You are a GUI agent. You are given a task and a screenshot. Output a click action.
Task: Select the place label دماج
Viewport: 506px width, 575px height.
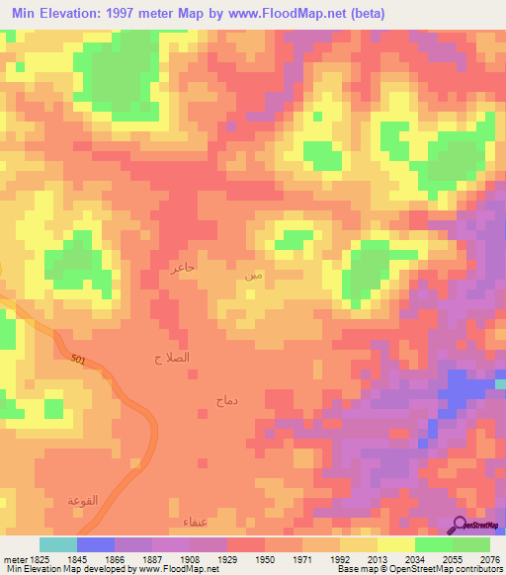click(225, 400)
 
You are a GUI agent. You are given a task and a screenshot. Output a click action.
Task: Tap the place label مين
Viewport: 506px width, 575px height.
click(254, 275)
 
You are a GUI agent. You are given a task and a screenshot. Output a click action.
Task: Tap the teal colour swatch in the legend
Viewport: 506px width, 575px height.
click(58, 544)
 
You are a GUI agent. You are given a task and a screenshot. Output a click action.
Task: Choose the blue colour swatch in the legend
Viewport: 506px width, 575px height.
click(96, 544)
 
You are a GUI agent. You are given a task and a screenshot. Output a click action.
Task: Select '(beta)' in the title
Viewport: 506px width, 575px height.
click(363, 13)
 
